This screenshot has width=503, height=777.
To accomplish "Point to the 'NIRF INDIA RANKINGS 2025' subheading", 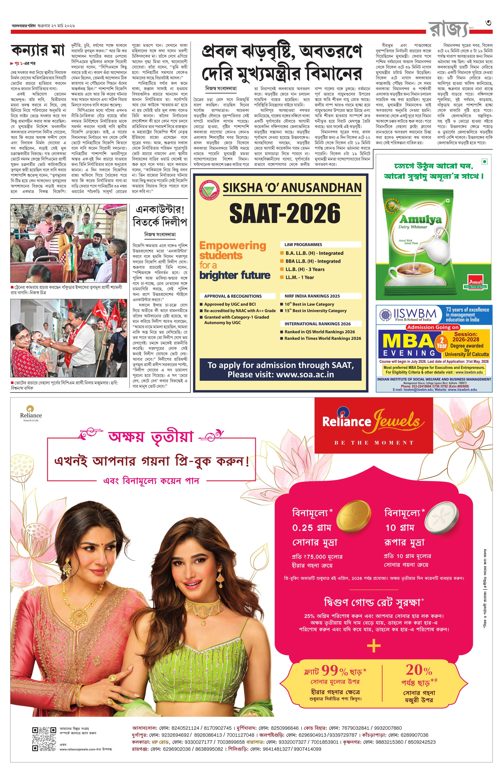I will point(312,296).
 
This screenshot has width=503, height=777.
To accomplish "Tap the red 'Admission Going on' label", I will point(433,327).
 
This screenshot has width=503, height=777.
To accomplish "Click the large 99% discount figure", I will point(334,670).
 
